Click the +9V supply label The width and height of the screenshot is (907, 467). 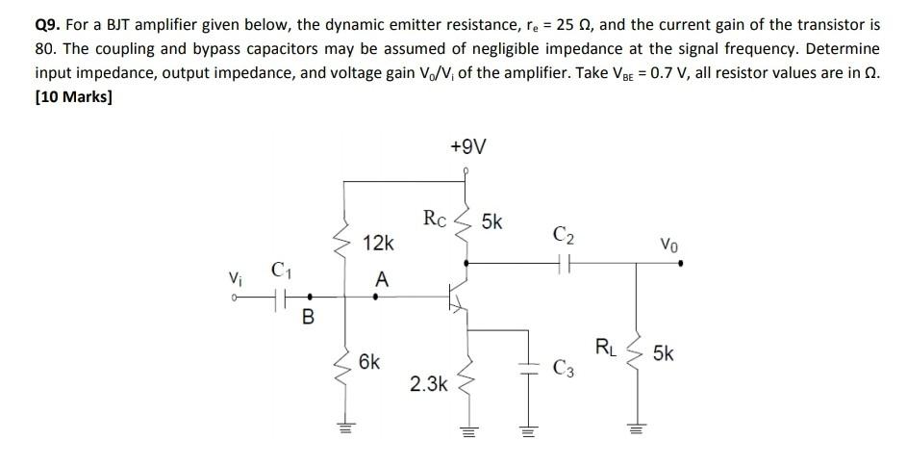pyautogui.click(x=467, y=146)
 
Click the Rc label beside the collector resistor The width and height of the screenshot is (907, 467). pyautogui.click(x=435, y=219)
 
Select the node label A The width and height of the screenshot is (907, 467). pyautogui.click(x=382, y=280)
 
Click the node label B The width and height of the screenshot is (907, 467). pyautogui.click(x=308, y=315)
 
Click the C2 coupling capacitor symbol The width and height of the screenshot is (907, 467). pyautogui.click(x=565, y=260)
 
